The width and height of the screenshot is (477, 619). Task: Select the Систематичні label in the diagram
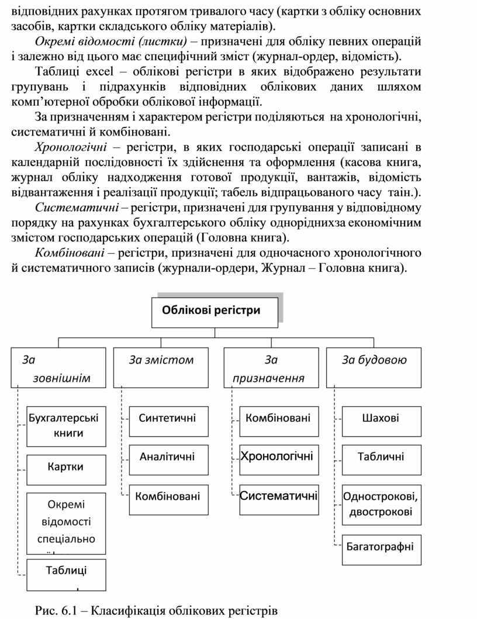[279, 496]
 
